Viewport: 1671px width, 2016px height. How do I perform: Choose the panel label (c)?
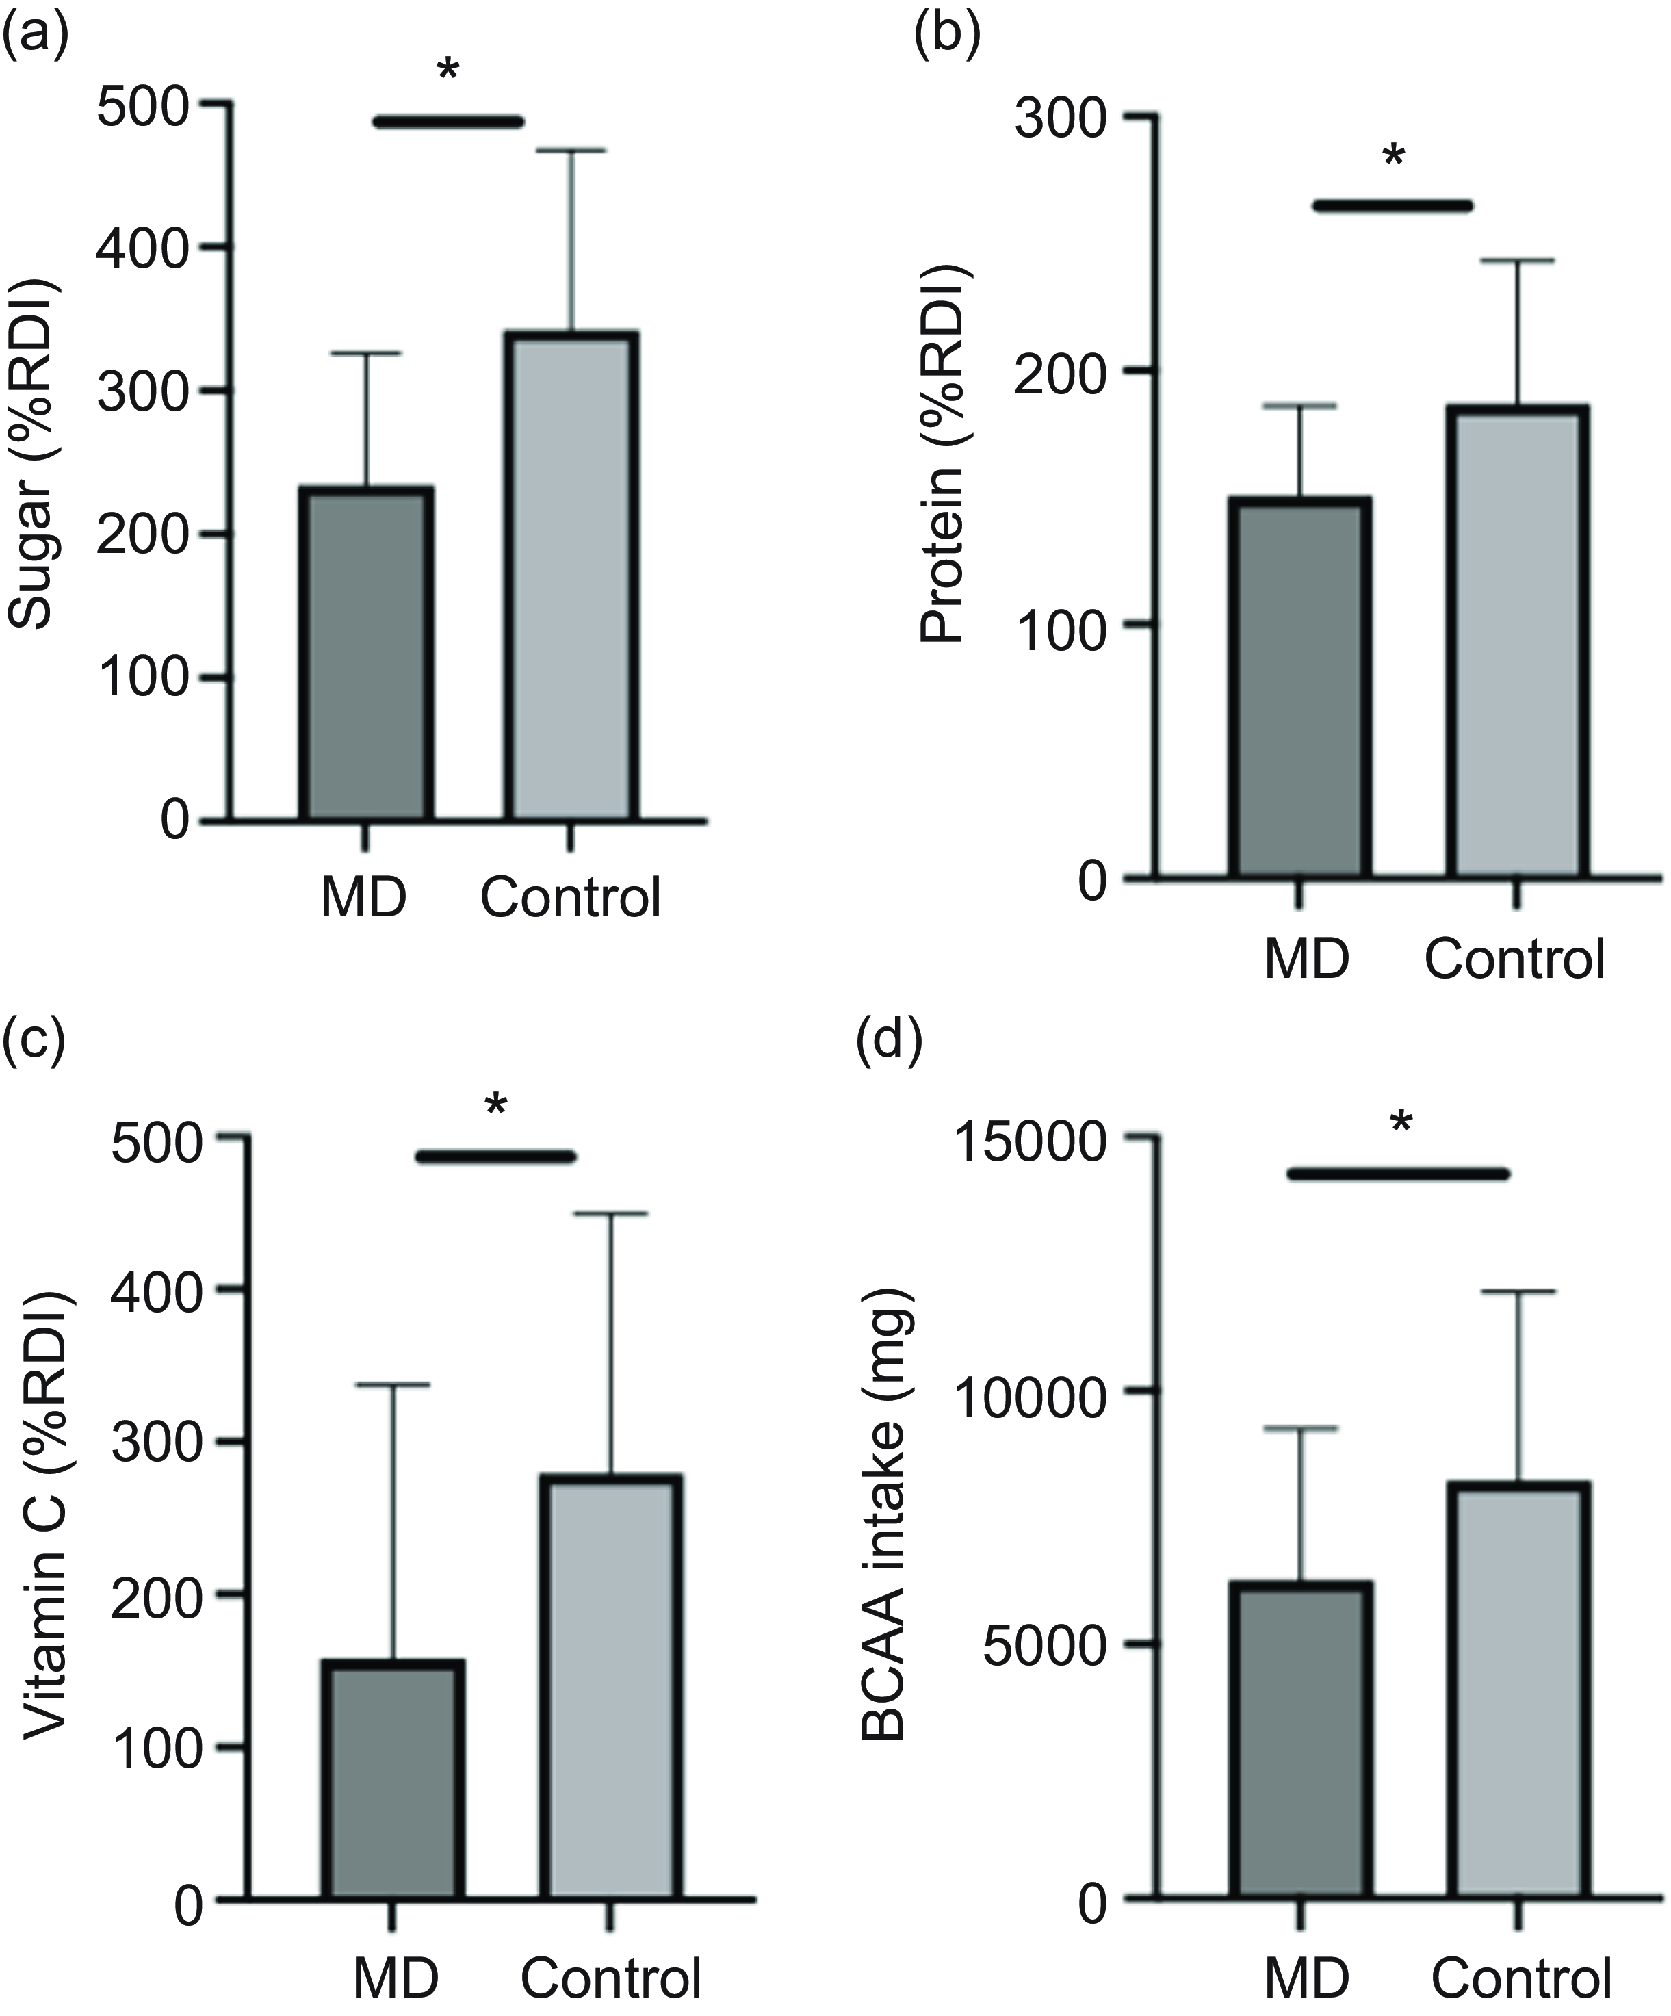point(34,1039)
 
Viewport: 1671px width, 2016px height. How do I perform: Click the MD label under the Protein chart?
point(1307,958)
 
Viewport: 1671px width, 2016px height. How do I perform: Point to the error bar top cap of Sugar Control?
point(572,151)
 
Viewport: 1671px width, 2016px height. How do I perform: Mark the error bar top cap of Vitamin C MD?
point(393,1385)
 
